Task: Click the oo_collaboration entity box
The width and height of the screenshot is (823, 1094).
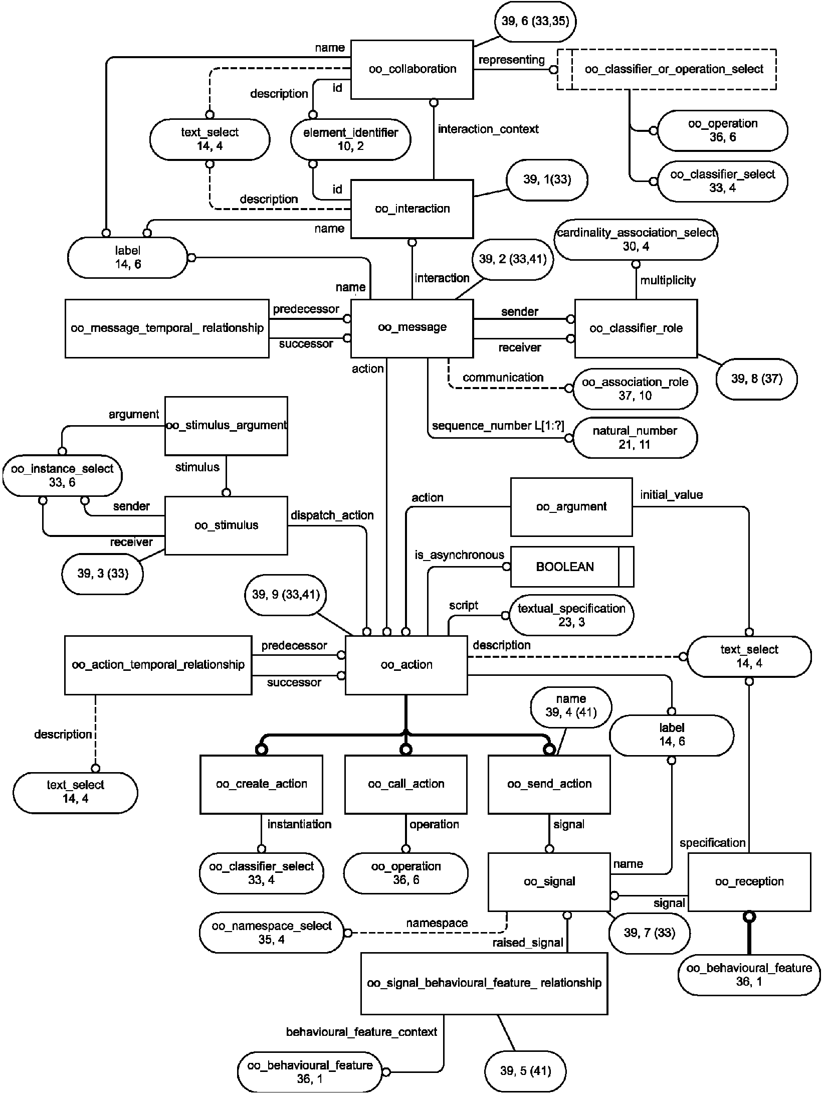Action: point(411,69)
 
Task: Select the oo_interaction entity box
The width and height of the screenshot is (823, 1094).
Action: point(411,209)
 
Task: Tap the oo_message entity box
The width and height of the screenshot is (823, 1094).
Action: point(411,328)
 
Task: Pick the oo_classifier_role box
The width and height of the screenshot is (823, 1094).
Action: point(636,328)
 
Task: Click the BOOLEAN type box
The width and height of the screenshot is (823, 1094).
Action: point(572,567)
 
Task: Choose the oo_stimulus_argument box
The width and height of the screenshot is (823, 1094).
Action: point(226,426)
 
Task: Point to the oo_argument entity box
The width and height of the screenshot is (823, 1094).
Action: point(571,507)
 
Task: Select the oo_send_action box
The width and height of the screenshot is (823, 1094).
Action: point(549,784)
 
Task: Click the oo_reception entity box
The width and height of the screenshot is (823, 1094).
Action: point(749,882)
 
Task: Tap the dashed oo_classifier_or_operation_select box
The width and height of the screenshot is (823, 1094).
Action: point(667,69)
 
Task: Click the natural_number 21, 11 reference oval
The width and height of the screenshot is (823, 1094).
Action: point(635,438)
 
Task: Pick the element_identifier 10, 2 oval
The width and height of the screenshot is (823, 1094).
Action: point(350,139)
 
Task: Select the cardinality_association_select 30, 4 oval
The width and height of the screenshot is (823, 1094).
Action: point(636,239)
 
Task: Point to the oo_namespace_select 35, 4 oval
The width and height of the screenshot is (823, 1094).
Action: point(272,933)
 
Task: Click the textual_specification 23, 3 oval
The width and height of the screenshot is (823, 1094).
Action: point(571,615)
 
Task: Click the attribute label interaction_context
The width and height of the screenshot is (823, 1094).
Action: point(488,129)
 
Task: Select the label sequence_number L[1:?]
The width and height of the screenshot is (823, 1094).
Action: point(498,426)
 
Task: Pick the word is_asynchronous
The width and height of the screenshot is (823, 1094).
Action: point(459,555)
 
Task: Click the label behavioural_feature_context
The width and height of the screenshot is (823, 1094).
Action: point(361,1032)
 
